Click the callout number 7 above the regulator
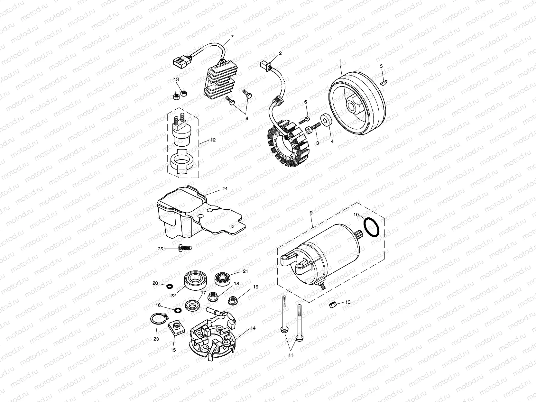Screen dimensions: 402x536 click(x=232, y=37)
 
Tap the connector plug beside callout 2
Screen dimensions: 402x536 click(x=264, y=65)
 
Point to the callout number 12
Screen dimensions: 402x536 click(x=213, y=140)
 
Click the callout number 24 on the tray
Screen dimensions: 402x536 click(x=225, y=189)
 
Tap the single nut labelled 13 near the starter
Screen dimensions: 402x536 click(x=333, y=305)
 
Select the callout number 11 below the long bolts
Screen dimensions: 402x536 click(x=291, y=355)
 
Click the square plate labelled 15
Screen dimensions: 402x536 click(x=176, y=329)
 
